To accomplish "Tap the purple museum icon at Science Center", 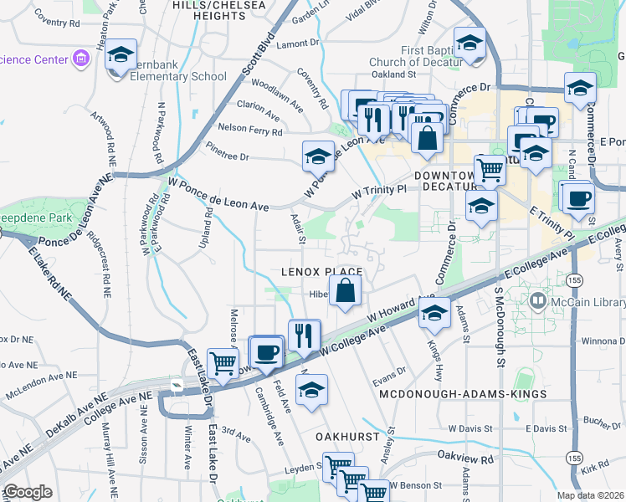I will tap(81, 59).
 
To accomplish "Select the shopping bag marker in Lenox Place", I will tap(345, 292).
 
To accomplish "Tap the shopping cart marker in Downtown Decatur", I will tap(490, 170).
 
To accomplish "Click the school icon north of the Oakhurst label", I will tap(311, 391).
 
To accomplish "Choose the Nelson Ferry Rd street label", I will tap(249, 131).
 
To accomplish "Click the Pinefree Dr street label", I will tap(228, 156).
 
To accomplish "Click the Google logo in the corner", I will tap(28, 492).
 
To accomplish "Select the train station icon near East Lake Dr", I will tap(177, 384).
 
